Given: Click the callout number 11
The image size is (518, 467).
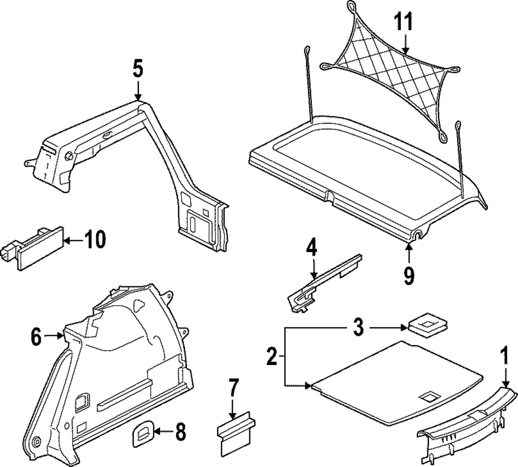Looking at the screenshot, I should click(404, 22).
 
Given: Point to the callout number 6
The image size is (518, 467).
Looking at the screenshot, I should click(35, 337).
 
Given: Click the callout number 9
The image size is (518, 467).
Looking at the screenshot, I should click(409, 275).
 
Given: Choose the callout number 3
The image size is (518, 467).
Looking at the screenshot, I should click(359, 327).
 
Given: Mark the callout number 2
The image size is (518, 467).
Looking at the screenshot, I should click(271, 357).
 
